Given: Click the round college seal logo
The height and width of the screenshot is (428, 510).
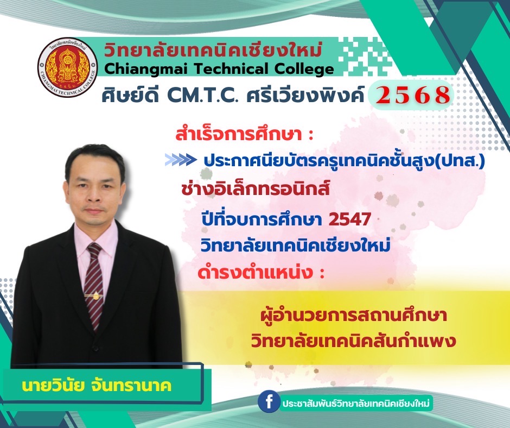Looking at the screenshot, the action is tap(67, 67).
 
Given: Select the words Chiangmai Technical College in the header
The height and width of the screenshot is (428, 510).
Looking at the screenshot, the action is tap(219, 69).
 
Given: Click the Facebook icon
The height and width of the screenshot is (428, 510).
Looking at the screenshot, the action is tap(269, 402).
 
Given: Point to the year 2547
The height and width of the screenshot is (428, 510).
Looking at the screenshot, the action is tap(349, 219).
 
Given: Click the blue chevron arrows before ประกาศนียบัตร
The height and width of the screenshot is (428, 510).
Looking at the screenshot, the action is tap(180, 160).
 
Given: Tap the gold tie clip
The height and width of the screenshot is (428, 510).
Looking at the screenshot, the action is tap(94, 296).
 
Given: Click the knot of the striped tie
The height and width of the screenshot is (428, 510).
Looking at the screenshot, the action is tap(94, 250).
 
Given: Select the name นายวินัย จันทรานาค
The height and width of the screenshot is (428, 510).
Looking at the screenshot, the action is tap(97, 386).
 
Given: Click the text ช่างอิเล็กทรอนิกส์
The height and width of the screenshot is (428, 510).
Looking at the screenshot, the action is tap(256, 189).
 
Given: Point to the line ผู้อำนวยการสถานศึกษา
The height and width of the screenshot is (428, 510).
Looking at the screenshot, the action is tap(354, 315).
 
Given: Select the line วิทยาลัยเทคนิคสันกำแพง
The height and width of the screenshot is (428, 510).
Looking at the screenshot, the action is tap(353, 341).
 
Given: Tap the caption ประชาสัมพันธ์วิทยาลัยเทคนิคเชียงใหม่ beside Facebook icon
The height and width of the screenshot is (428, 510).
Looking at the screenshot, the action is tap(356, 404).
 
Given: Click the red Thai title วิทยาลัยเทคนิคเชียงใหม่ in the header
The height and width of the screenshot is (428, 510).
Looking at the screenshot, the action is tap(213, 51).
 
